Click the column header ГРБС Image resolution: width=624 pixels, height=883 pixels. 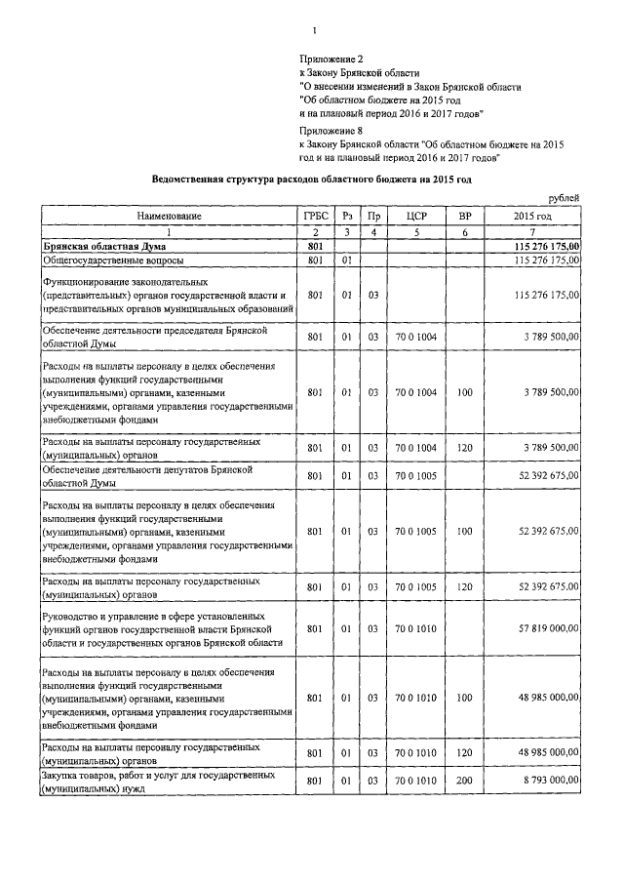[314, 215]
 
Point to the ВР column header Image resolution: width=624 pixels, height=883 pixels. [465, 215]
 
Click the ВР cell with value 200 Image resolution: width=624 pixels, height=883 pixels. [465, 782]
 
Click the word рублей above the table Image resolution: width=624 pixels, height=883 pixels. [565, 198]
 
